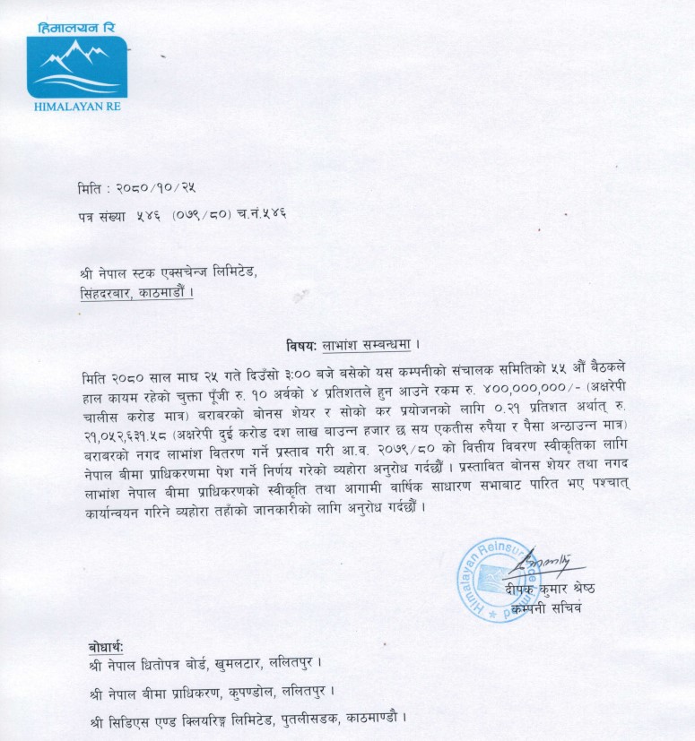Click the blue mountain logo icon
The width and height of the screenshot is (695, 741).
pyautogui.click(x=76, y=67)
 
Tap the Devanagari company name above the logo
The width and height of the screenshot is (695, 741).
pyautogui.click(x=76, y=29)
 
